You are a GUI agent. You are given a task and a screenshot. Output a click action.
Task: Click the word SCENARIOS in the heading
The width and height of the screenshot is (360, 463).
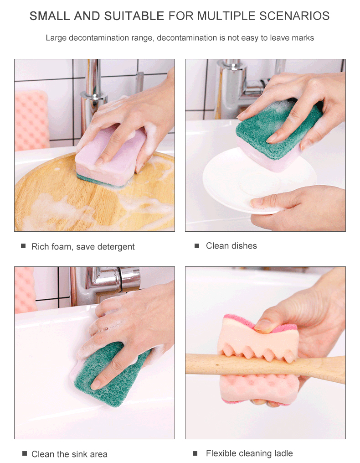pyautogui.click(x=294, y=16)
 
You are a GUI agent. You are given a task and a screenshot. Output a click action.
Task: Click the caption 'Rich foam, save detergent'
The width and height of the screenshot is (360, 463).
pyautogui.click(x=83, y=247)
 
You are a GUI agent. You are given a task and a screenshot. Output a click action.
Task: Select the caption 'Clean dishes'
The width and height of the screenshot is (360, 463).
pyautogui.click(x=231, y=246)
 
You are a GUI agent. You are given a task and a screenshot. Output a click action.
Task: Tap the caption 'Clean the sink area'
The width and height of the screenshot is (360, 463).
pyautogui.click(x=69, y=454)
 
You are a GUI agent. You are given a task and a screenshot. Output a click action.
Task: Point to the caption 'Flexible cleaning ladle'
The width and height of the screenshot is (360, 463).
pyautogui.click(x=249, y=453)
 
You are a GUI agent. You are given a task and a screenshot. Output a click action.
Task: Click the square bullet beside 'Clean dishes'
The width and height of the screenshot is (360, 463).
pyautogui.click(x=197, y=246)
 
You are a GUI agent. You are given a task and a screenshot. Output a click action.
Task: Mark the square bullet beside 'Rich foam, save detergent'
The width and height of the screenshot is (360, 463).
pyautogui.click(x=23, y=246)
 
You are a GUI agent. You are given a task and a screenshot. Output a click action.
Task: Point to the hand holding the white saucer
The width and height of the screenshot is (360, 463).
pyautogui.click(x=298, y=207)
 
